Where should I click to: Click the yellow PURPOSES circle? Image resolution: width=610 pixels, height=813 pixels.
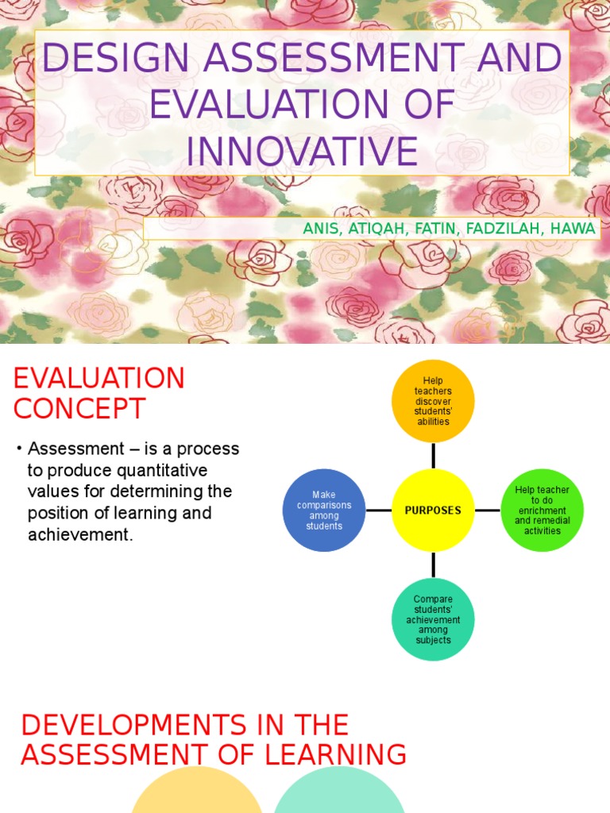pos(433,510)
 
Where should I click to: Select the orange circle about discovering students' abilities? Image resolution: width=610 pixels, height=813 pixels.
pos(433,401)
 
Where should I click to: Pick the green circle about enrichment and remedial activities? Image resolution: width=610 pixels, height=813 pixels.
pos(542,510)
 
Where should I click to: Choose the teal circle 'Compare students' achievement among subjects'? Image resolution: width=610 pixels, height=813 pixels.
pos(433,620)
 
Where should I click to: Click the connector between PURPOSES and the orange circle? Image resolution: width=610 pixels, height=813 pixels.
pos(433,455)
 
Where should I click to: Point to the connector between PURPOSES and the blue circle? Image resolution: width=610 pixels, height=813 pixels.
pos(378,510)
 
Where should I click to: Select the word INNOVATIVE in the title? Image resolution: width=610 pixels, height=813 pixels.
pos(302,150)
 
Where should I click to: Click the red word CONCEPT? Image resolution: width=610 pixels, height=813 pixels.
pos(79,409)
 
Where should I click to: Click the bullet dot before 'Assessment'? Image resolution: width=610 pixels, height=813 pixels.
pos(18,449)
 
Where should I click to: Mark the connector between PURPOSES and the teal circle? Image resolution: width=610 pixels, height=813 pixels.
pos(433,564)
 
